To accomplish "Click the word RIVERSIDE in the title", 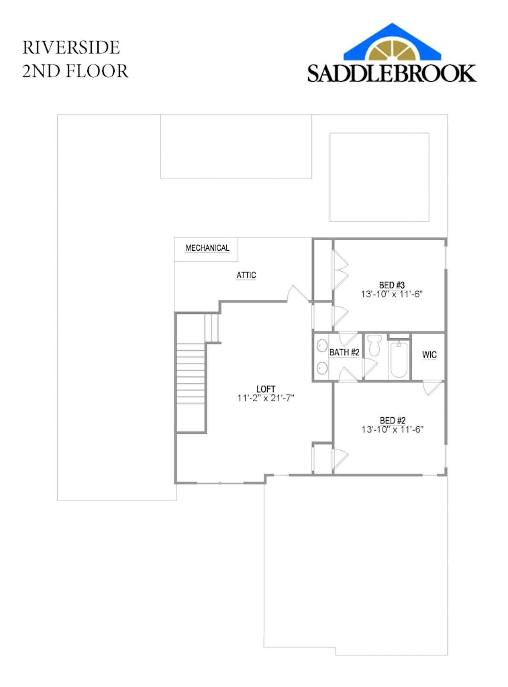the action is pyautogui.click(x=71, y=48).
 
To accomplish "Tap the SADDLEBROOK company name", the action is pyautogui.click(x=391, y=73).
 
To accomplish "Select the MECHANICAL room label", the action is pyautogui.click(x=207, y=248).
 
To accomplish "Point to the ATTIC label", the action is pyautogui.click(x=246, y=275).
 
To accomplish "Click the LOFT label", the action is pyautogui.click(x=266, y=388).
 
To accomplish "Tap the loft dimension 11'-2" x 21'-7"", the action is pyautogui.click(x=266, y=399).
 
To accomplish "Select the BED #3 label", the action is pyautogui.click(x=391, y=285).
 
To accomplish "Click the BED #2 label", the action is pyautogui.click(x=393, y=421).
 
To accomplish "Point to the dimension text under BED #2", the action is pyautogui.click(x=393, y=429).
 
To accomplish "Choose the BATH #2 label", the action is pyautogui.click(x=344, y=352).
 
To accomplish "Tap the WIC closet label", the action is pyautogui.click(x=429, y=355).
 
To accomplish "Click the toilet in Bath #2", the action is pyautogui.click(x=374, y=345).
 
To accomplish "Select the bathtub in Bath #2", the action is pyautogui.click(x=399, y=360).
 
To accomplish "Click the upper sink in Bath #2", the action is pyautogui.click(x=322, y=346).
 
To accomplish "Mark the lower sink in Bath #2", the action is pyautogui.click(x=322, y=368).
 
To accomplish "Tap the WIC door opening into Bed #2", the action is pyautogui.click(x=433, y=388).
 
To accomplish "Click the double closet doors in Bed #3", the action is pyautogui.click(x=340, y=270).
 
